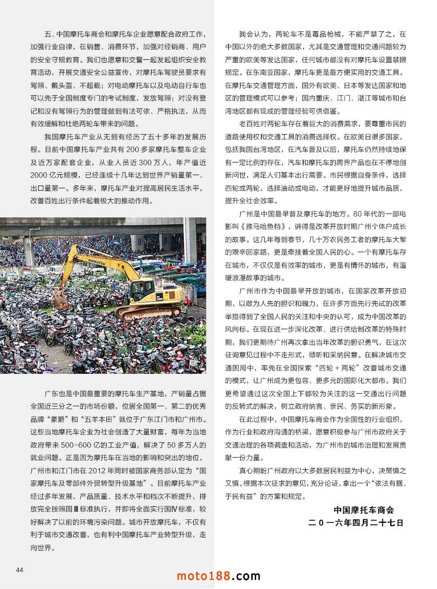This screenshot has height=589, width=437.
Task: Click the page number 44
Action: point(19,570)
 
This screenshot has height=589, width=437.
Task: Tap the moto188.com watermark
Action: point(218,576)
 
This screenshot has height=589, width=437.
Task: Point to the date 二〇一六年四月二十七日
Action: point(355,522)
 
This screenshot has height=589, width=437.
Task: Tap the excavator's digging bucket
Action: point(61,300)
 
